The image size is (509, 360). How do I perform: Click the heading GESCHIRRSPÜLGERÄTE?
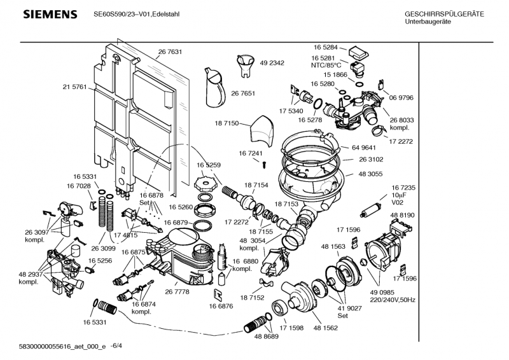(444, 14)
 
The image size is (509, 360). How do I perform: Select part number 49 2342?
(272, 63)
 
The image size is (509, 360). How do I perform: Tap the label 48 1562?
(325, 329)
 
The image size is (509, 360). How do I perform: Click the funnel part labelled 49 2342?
(244, 62)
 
